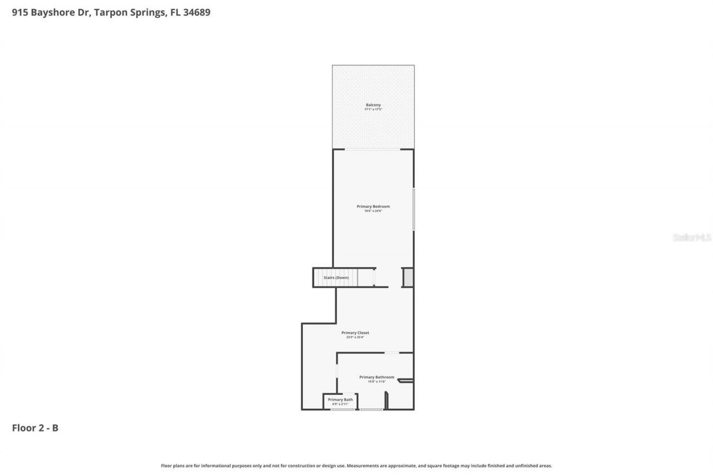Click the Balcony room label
tap(373, 105)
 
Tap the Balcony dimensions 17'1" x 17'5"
tap(373, 109)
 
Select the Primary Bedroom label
tap(373, 206)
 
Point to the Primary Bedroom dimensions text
tap(373, 211)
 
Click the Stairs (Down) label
tap(336, 277)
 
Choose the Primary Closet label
tap(355, 332)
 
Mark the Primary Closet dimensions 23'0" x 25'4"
tap(355, 337)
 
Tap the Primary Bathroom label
tap(377, 377)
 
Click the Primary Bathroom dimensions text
tap(377, 381)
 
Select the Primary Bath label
tap(340, 399)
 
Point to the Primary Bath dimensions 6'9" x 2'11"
tap(340, 404)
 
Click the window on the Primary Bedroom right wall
tap(414, 209)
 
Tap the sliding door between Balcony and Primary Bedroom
tap(372, 149)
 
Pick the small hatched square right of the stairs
tap(408, 277)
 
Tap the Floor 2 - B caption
tap(35, 428)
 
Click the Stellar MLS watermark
tap(692, 238)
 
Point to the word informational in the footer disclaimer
tap(216, 466)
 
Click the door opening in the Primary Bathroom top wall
tap(392, 352)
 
